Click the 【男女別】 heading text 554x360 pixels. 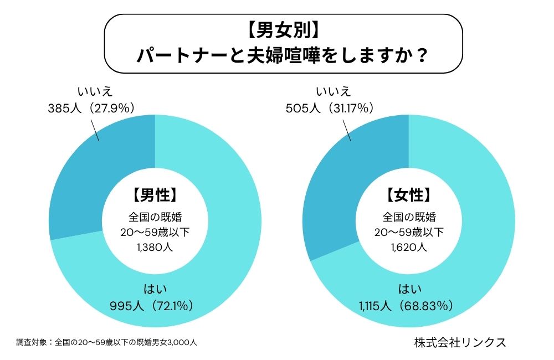tap(283, 31)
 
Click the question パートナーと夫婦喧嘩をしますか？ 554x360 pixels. tap(283, 56)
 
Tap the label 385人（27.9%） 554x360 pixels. tap(91, 107)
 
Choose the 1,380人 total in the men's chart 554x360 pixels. tap(155, 247)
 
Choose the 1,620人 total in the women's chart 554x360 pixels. tap(408, 247)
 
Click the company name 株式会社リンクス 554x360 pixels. tap(460, 342)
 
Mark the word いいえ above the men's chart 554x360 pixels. tap(91, 91)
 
